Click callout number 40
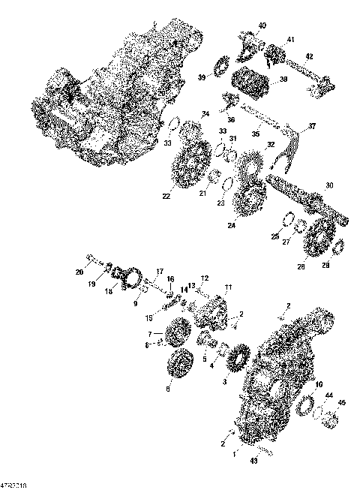click(x=262, y=26)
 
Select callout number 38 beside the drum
click(x=283, y=80)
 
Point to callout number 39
click(x=201, y=77)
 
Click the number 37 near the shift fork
click(x=312, y=125)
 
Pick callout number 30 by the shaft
click(x=329, y=186)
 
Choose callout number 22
click(x=166, y=197)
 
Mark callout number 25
click(x=275, y=236)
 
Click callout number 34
click(x=205, y=114)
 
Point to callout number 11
click(x=228, y=287)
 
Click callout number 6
click(x=167, y=388)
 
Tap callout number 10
click(x=319, y=385)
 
